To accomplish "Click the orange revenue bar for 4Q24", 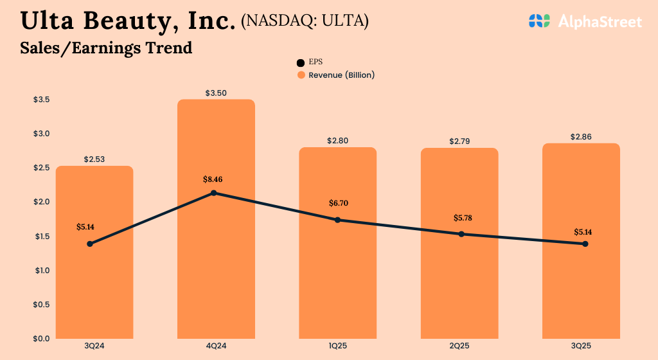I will tap(216, 270).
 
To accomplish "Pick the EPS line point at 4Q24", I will tap(214, 193).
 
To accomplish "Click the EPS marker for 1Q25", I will tap(337, 220).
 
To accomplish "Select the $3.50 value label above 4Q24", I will tap(216, 93).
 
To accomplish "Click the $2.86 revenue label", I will tap(581, 137).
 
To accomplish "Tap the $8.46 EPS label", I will tap(214, 179).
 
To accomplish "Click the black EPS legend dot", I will tap(301, 63).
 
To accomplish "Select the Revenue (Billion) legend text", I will tap(341, 75).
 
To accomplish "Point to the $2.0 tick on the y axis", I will tap(42, 202).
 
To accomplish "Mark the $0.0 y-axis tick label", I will tap(42, 338).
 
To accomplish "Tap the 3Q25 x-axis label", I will tap(581, 346).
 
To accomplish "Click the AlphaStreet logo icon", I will tap(540, 21).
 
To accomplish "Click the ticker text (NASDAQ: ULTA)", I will tap(305, 21).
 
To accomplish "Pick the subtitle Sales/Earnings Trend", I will tap(106, 48).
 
